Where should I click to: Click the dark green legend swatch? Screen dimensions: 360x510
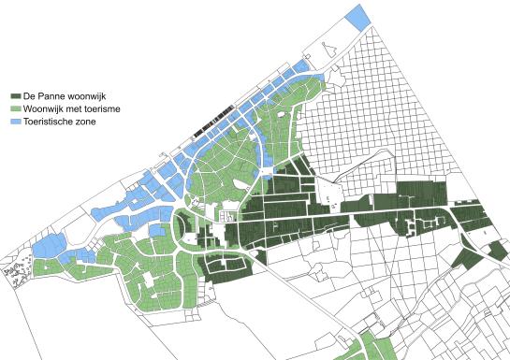coord(15,96)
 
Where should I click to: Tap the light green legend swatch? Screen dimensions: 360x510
coord(15,108)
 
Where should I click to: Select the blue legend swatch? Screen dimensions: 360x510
coord(15,121)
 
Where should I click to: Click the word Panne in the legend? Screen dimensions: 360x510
coord(53,96)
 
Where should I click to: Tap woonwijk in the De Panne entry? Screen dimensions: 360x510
coord(92,96)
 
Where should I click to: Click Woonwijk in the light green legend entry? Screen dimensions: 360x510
coord(46,108)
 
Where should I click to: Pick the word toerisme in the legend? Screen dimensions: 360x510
coord(112,108)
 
